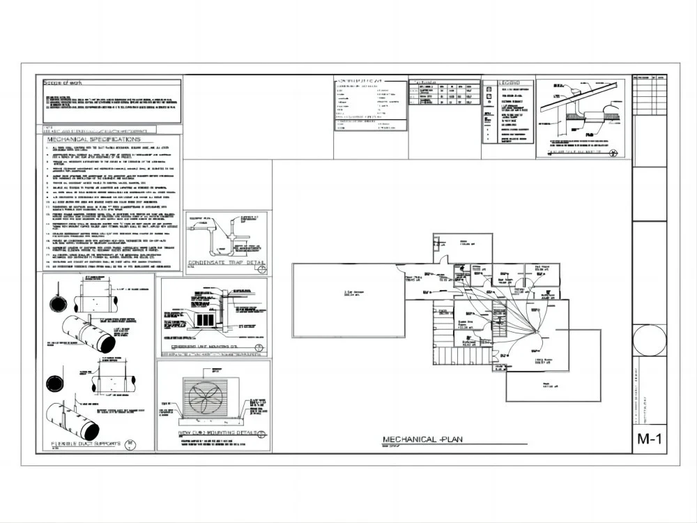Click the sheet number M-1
click(648, 439)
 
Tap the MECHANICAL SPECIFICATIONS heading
click(93, 139)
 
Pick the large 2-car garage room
click(348, 300)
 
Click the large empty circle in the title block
click(649, 340)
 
